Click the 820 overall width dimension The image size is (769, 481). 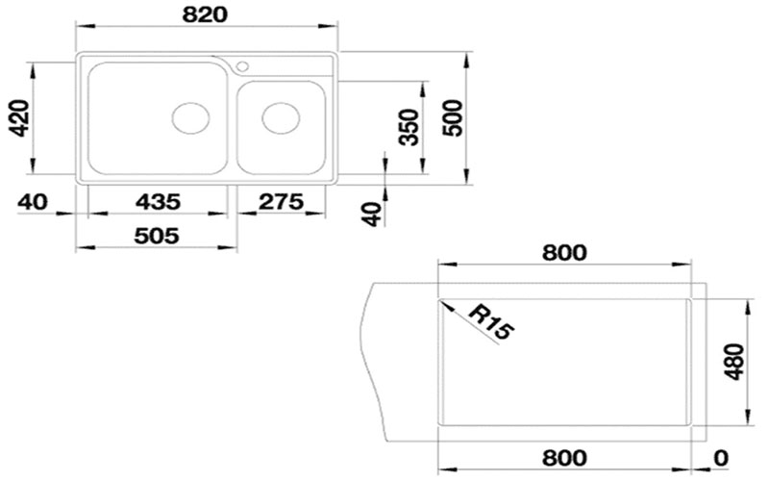tap(205, 14)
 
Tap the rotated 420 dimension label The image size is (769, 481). tap(19, 117)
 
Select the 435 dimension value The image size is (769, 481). tap(158, 202)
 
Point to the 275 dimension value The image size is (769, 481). tap(281, 202)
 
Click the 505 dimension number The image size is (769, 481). tap(157, 236)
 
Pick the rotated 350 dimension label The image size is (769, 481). tap(409, 127)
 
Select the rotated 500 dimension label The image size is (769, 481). tap(452, 117)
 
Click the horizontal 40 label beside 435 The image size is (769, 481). tap(33, 202)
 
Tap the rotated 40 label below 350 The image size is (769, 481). tap(372, 214)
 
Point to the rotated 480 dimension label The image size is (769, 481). tap(733, 362)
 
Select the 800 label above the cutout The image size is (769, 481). tap(564, 253)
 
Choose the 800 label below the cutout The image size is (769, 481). tap(564, 458)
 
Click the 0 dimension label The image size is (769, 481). tap(721, 458)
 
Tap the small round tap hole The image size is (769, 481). tap(242, 66)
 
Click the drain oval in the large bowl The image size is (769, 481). tap(190, 118)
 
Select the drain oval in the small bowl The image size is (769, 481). tap(281, 118)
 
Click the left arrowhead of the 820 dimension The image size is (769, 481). tap(85, 27)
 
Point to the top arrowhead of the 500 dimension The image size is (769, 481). tap(466, 61)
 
